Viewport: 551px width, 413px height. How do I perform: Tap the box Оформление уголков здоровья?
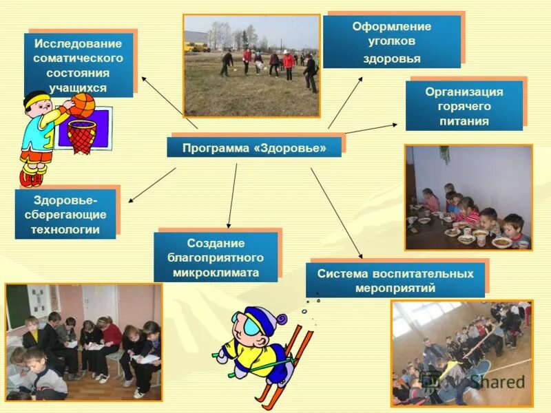(391, 41)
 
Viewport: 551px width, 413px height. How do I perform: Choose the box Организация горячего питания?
(464, 106)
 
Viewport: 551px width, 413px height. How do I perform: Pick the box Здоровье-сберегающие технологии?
(65, 214)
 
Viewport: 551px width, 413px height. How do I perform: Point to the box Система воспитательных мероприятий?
(395, 280)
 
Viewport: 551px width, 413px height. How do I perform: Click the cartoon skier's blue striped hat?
(258, 319)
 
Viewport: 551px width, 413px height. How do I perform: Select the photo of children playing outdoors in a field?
(251, 65)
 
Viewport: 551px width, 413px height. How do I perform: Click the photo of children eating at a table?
(468, 197)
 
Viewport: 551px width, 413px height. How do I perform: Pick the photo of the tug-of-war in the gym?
(461, 352)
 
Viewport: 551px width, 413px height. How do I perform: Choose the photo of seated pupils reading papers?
(83, 342)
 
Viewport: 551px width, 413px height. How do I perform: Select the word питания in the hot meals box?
(464, 121)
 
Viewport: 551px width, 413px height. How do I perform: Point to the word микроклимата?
(216, 273)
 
